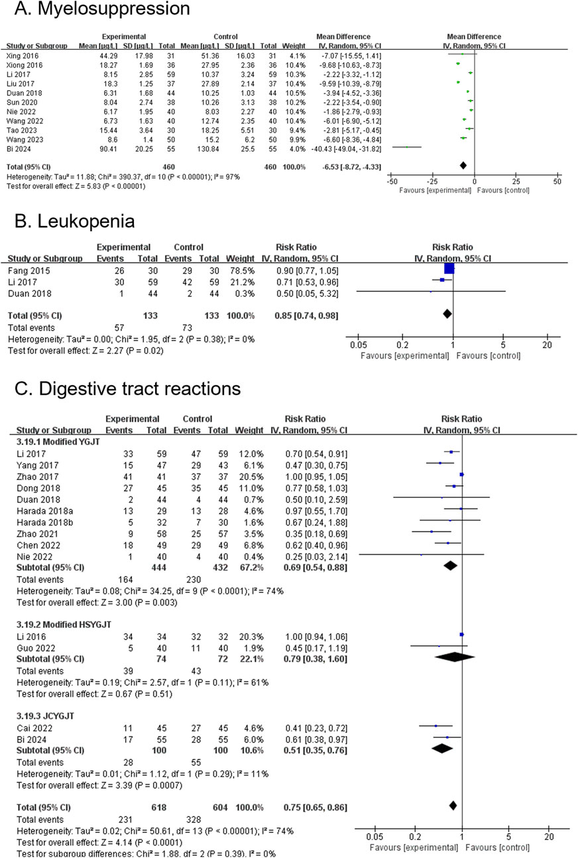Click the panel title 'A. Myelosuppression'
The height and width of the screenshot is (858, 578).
point(95,11)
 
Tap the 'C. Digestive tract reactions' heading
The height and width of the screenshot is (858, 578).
point(123,389)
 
